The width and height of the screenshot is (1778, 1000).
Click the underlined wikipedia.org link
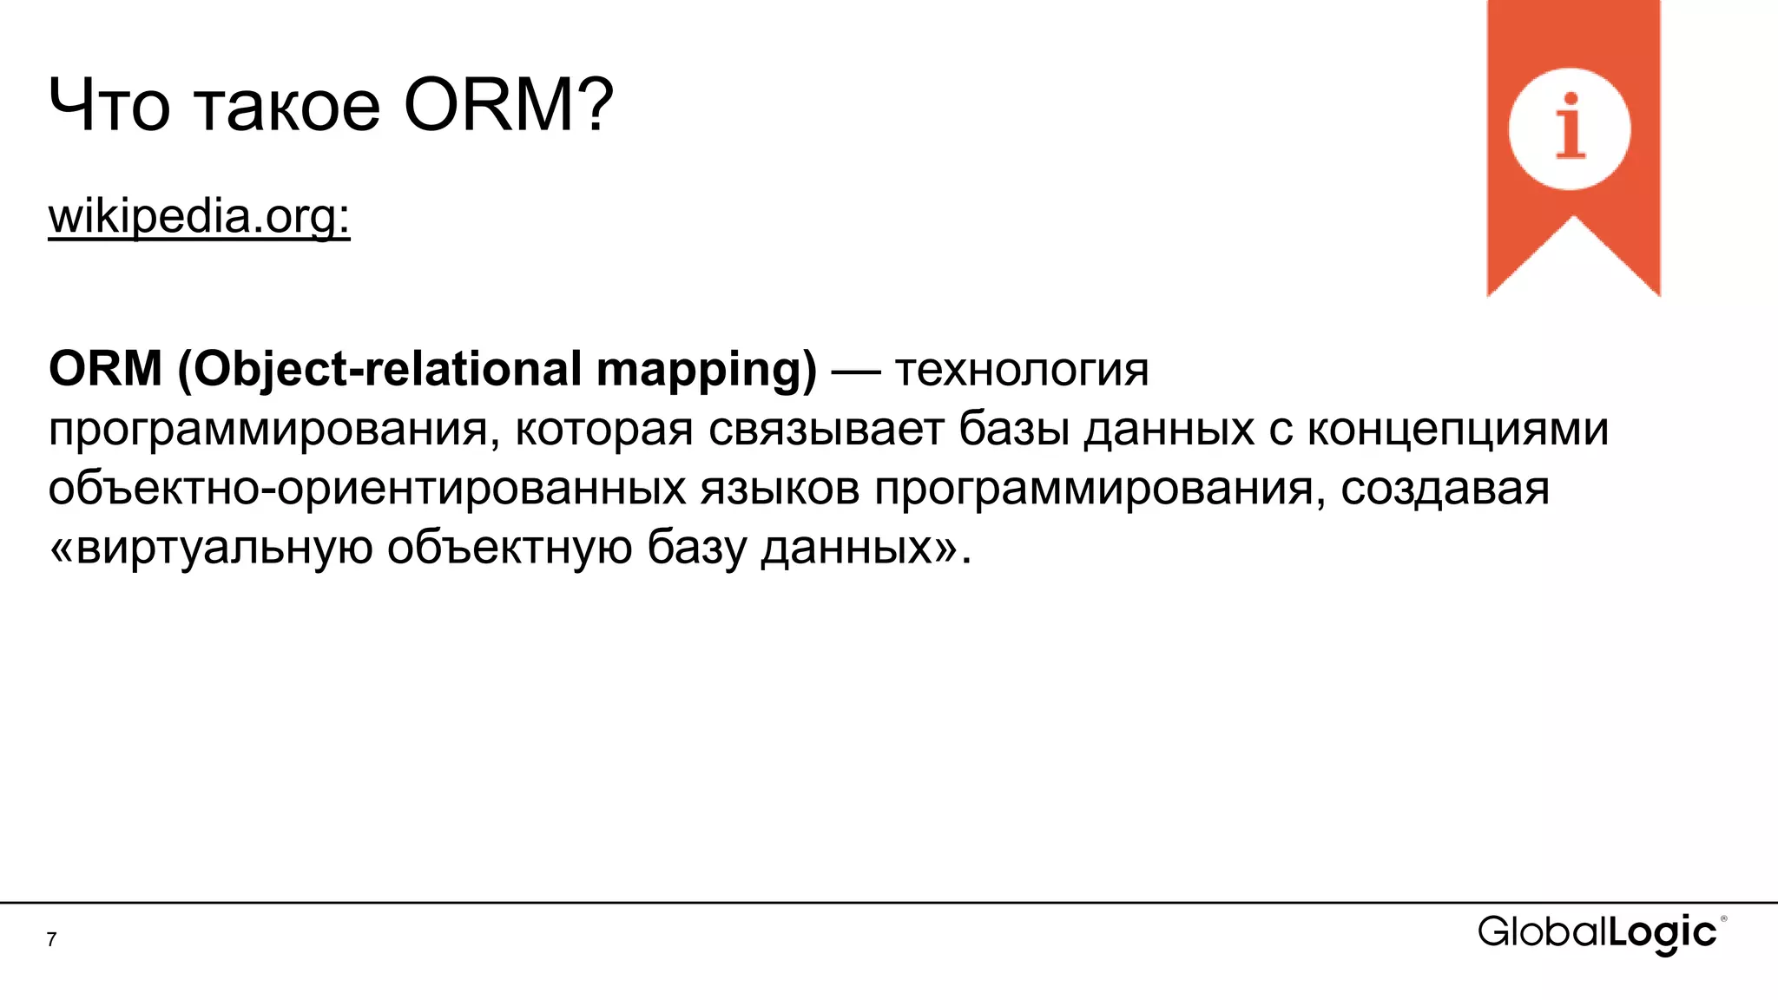pos(199,216)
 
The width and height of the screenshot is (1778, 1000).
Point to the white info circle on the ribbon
pos(1569,128)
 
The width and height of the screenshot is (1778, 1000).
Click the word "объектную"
pos(510,548)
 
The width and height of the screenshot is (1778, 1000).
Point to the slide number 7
pos(52,939)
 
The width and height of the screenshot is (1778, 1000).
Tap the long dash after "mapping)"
pos(856,372)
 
